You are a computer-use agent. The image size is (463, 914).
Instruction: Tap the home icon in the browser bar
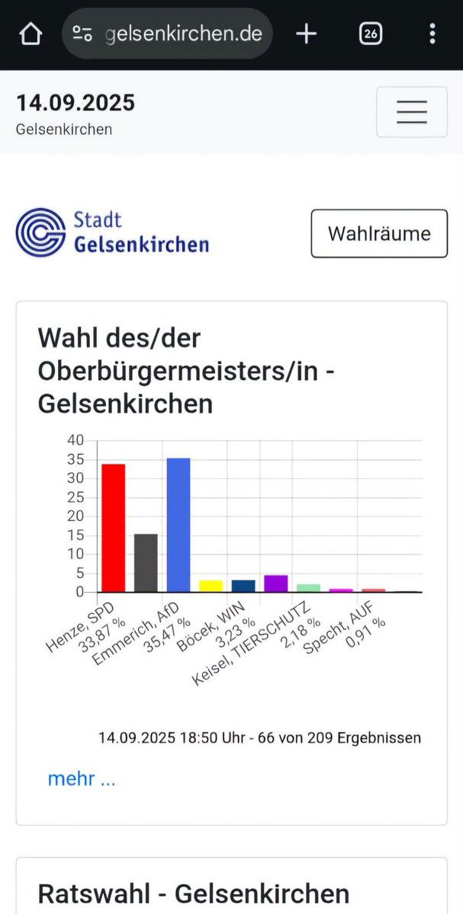31,34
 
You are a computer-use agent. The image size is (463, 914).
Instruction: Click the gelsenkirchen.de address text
183,34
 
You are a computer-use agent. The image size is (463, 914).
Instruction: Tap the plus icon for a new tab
306,34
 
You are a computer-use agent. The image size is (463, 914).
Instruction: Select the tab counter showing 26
370,34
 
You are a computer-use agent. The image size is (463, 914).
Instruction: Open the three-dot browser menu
432,34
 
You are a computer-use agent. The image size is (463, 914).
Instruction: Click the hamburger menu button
411,112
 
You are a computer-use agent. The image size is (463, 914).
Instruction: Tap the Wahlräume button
379,233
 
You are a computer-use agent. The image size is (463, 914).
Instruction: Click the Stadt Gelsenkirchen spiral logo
40,232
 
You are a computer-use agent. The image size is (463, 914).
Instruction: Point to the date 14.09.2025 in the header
76,103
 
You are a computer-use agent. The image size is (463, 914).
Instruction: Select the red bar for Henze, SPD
113,527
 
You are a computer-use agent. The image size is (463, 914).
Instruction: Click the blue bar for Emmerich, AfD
178,524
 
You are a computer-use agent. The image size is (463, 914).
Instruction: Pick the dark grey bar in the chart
146,562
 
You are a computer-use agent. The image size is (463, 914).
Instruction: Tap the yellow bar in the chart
211,586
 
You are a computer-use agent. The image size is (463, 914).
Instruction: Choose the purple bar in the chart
275,583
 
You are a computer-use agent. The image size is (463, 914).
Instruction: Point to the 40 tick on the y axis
76,440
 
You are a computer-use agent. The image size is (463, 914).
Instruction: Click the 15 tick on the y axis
76,535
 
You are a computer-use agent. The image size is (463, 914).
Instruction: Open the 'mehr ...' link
82,778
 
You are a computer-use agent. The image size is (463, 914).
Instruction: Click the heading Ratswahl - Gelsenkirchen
193,893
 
